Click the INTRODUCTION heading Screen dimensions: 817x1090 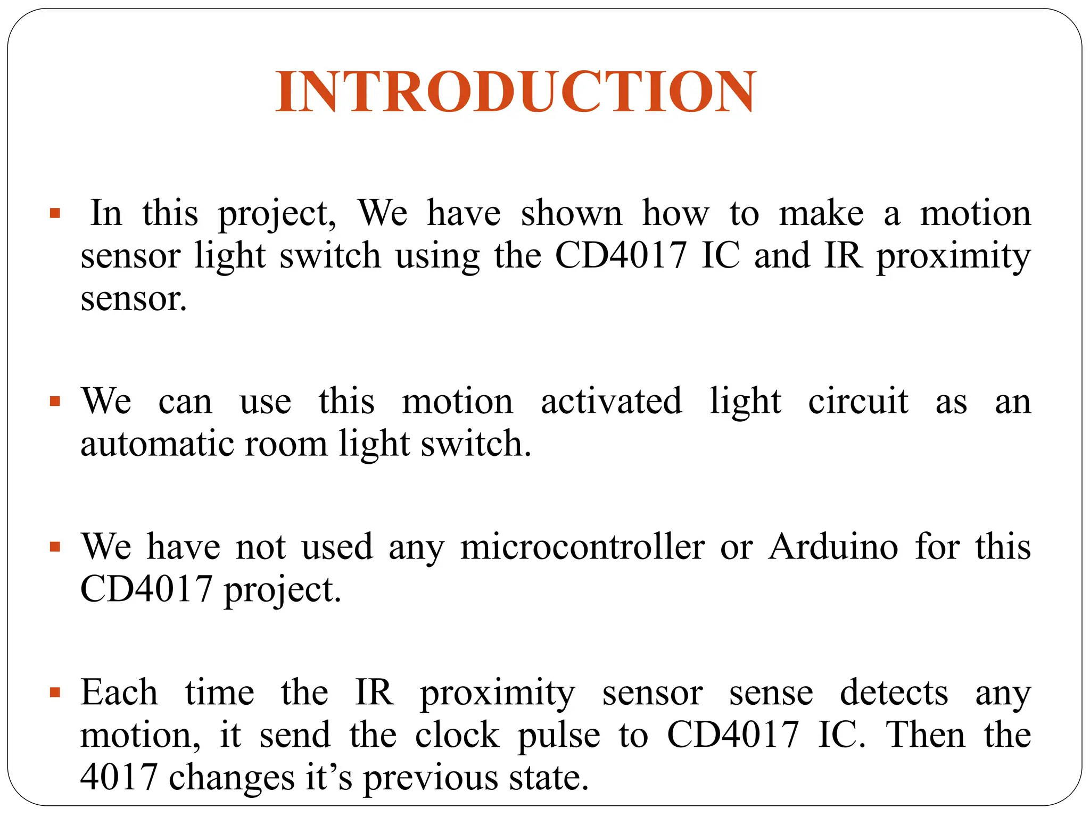click(x=515, y=91)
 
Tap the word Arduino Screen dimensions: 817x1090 click(x=833, y=547)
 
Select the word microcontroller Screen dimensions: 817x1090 click(x=583, y=547)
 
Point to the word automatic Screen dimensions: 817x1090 click(x=157, y=444)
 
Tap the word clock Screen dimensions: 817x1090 click(x=457, y=735)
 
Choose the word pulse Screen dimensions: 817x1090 click(x=559, y=736)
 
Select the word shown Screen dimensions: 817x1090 click(x=571, y=213)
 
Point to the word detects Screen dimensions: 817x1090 click(x=894, y=693)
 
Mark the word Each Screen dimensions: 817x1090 click(x=119, y=693)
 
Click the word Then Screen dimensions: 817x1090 click(x=925, y=735)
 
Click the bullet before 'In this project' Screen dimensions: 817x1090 click(x=55, y=214)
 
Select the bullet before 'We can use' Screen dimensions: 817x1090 click(x=55, y=401)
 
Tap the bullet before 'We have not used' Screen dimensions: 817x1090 click(x=55, y=547)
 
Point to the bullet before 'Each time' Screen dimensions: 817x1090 click(x=55, y=693)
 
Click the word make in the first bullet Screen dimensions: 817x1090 click(x=821, y=213)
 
